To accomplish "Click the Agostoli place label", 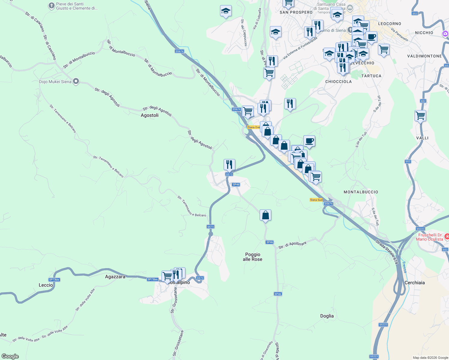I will [149, 115].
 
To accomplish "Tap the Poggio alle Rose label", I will [252, 257].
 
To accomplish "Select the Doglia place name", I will [327, 316].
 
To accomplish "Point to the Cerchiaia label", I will [414, 283].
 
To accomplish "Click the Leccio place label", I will [46, 285].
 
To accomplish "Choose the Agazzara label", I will [115, 277].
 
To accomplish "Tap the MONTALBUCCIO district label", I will [361, 192].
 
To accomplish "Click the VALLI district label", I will [422, 138].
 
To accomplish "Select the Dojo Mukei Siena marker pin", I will [76, 81].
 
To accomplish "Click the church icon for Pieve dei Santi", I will [51, 6].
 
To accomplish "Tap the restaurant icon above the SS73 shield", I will [229, 165].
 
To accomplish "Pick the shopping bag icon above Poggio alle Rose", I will [265, 215].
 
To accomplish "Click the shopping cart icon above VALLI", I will [420, 115].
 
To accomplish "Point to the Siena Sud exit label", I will [316, 200].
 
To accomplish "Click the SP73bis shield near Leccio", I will [54, 280].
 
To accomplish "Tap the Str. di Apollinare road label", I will [292, 245].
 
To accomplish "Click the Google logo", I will [10, 356].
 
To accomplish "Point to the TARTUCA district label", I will [371, 76].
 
